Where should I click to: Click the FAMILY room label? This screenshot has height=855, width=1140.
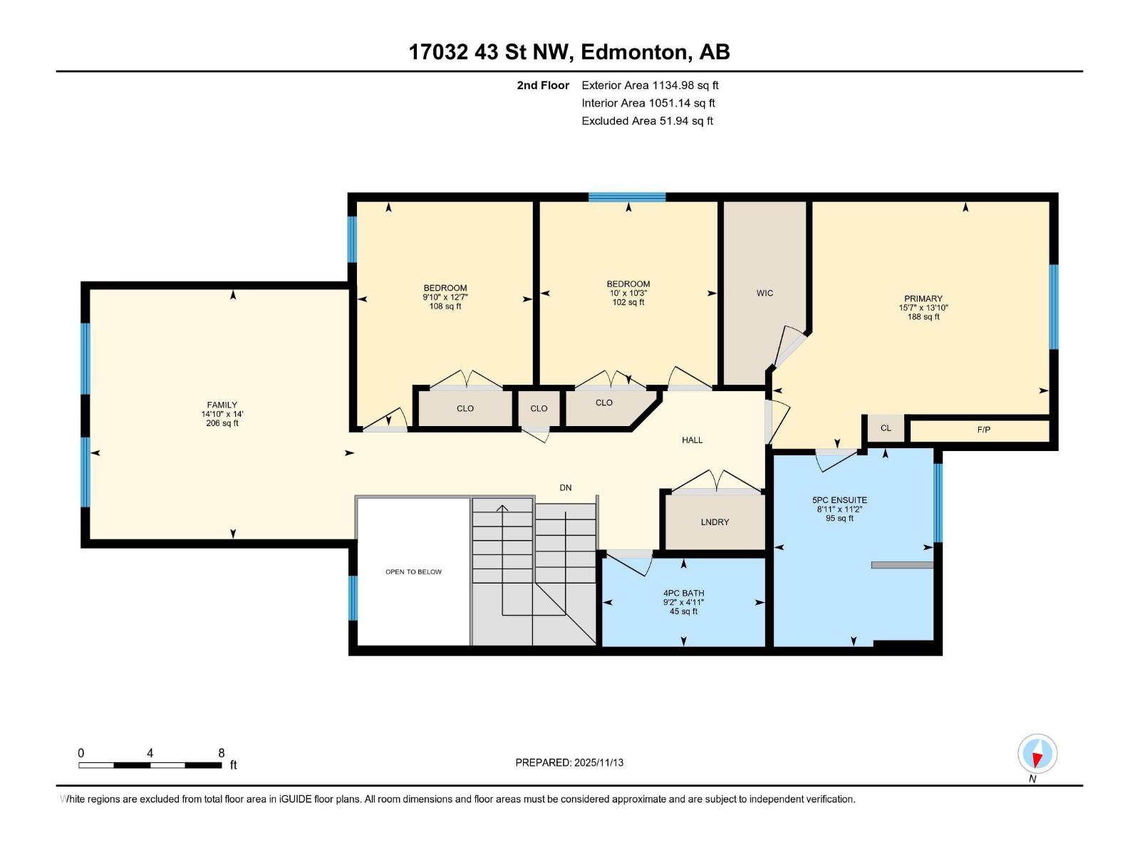click(222, 405)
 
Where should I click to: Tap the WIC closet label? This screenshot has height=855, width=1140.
click(765, 293)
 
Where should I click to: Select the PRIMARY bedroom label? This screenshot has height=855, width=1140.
click(923, 299)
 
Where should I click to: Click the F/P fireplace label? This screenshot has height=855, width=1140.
click(983, 430)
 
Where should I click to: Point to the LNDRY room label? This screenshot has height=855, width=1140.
click(715, 522)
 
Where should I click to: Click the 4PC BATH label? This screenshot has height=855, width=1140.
click(683, 593)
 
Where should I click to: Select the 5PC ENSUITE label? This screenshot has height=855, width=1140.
click(839, 500)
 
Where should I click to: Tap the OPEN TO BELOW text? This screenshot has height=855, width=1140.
click(413, 571)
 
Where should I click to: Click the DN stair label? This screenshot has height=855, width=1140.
click(565, 488)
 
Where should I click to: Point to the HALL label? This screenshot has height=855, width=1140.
click(692, 440)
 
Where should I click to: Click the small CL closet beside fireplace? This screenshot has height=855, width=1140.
click(886, 428)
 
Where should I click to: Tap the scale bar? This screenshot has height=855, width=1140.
click(150, 765)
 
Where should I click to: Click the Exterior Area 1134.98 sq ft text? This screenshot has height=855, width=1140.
click(650, 85)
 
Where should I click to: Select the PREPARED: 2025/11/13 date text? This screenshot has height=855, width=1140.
click(569, 762)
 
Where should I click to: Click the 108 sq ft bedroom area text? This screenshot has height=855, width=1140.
click(445, 306)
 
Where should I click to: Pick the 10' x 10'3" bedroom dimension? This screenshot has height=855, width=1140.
click(628, 293)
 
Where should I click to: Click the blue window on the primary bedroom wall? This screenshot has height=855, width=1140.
click(1053, 307)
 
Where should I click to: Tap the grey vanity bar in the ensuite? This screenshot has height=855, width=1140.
click(902, 565)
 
